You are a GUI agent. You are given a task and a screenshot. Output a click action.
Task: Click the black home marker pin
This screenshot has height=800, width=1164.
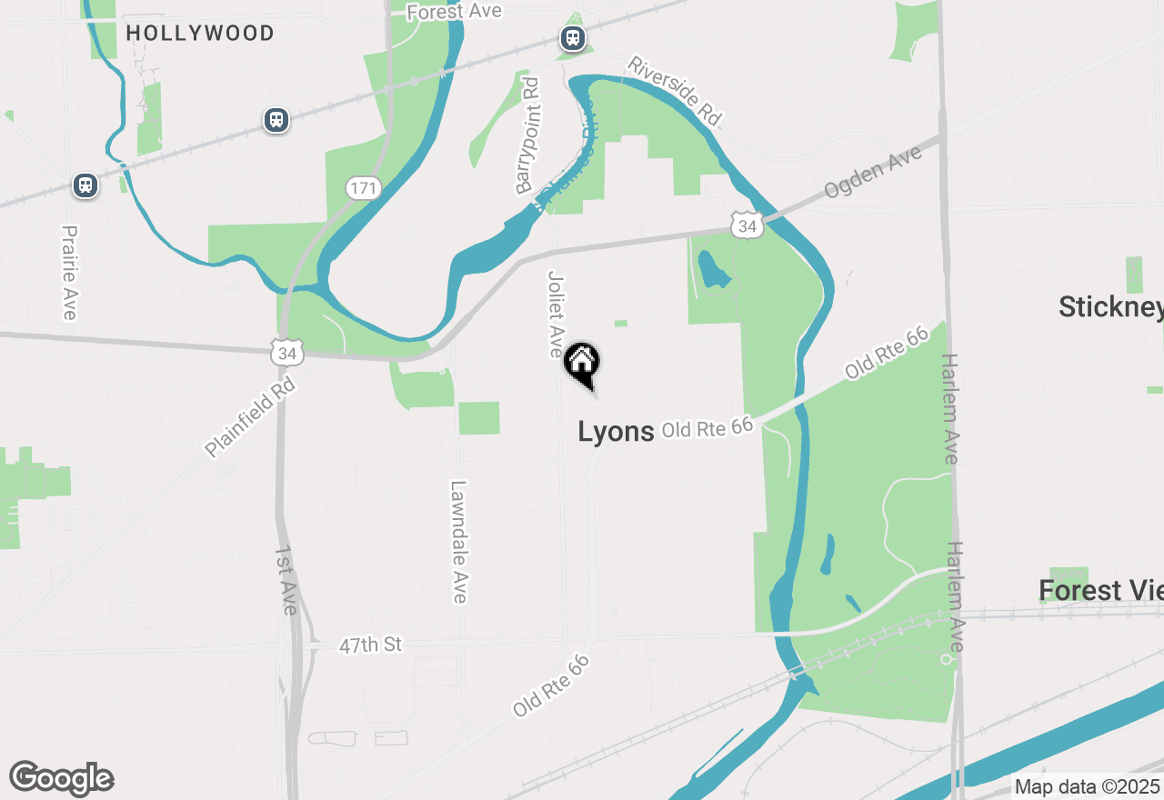[x=582, y=364]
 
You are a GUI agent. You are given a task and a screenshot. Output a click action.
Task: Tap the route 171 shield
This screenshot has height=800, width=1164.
[x=363, y=189]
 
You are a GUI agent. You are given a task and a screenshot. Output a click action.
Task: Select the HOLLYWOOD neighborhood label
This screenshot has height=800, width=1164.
[x=200, y=34]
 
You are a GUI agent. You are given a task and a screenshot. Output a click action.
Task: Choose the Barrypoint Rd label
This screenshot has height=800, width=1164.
[x=527, y=135]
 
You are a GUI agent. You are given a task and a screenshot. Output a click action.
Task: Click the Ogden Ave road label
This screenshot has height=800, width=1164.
[x=873, y=173]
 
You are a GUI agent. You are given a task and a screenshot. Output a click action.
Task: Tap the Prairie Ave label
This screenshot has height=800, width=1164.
[x=68, y=273]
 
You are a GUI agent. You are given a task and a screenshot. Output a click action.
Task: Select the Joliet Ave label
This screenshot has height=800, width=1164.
[x=556, y=314]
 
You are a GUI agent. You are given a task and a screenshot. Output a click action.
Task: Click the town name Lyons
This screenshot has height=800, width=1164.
[x=616, y=432]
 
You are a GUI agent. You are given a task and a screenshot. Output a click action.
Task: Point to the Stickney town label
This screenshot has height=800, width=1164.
[x=1110, y=307]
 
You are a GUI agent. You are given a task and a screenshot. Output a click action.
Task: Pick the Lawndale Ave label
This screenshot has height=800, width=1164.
[x=458, y=542]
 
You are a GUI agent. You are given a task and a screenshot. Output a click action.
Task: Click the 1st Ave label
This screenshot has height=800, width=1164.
[x=286, y=580]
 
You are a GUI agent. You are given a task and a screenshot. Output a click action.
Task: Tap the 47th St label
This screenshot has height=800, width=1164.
[x=370, y=645]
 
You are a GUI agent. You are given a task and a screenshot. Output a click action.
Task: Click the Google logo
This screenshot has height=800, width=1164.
[x=62, y=779]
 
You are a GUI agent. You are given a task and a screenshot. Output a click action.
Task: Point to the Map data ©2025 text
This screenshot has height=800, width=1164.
[x=1087, y=786]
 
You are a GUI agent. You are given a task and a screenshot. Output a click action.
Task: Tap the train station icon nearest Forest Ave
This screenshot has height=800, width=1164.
[x=572, y=38]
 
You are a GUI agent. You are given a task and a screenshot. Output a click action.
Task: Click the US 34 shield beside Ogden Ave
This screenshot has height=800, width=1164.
[x=748, y=225]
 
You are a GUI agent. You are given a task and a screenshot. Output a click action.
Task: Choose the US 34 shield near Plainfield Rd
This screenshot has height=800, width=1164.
[x=286, y=353]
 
